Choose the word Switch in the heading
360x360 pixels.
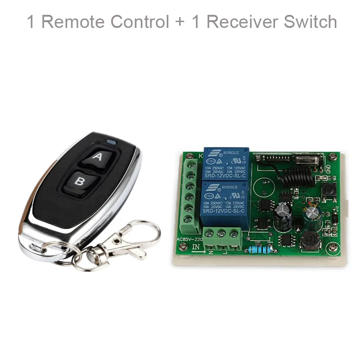[x=310, y=21]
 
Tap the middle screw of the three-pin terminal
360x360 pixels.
[x=220, y=234]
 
